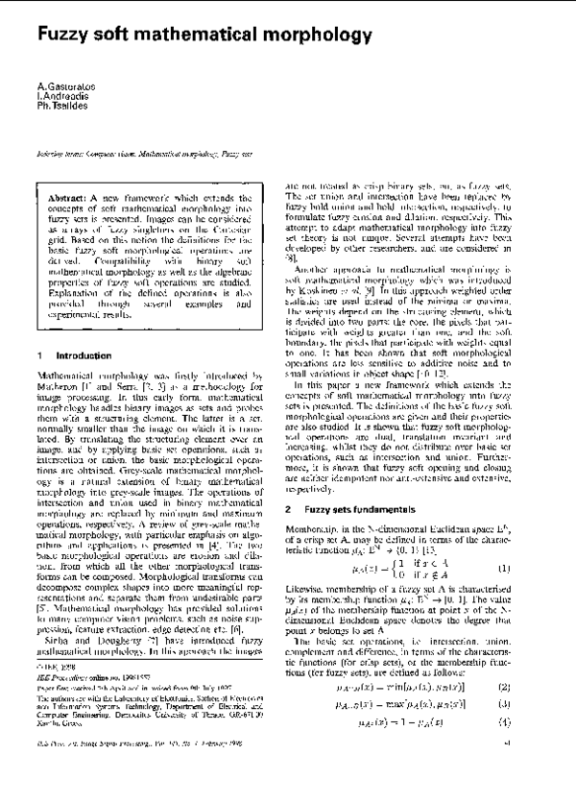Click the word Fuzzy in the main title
(65, 36)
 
